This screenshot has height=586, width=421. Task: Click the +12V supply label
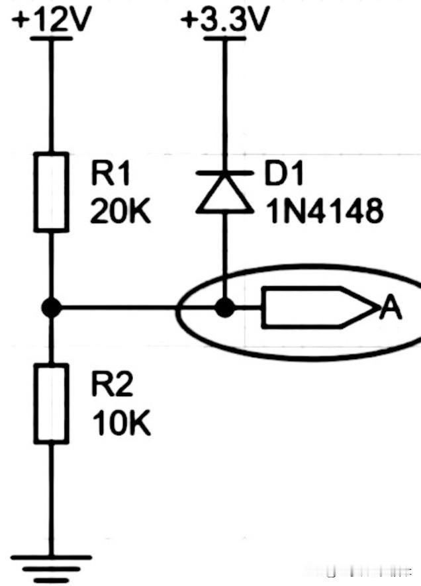tap(52, 19)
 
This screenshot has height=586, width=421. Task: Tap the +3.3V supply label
tap(224, 19)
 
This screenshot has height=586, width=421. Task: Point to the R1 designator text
tap(111, 174)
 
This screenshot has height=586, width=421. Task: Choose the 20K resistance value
tap(120, 212)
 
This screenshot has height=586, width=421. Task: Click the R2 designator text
tap(112, 385)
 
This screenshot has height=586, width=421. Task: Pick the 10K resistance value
tap(122, 423)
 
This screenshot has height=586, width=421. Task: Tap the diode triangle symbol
tap(224, 194)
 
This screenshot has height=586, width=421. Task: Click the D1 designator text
tap(283, 173)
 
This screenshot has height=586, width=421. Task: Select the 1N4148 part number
tap(324, 211)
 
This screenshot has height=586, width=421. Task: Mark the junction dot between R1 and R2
tap(51, 308)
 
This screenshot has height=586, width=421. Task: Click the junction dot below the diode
tap(224, 308)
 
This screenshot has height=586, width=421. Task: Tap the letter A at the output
tap(390, 308)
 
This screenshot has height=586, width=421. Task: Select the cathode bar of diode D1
tap(224, 173)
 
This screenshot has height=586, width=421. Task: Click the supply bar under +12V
tap(51, 38)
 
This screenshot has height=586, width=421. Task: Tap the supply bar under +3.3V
tap(224, 38)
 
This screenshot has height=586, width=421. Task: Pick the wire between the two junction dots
tap(138, 308)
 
